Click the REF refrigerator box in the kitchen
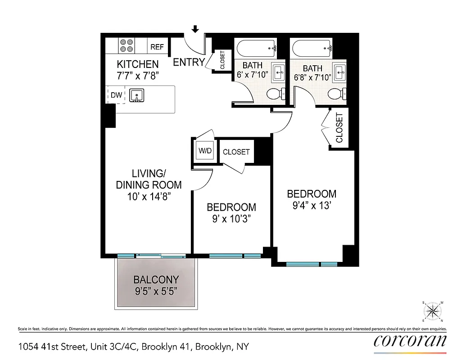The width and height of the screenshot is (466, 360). [x=157, y=47]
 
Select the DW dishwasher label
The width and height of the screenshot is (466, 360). [x=116, y=95]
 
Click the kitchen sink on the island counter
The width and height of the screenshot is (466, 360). [x=136, y=95]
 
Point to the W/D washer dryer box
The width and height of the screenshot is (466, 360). [x=205, y=151]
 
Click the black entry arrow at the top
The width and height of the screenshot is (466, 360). [x=195, y=30]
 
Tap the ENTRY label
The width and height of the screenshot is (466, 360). [x=189, y=62]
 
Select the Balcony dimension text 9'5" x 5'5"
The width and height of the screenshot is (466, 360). [x=156, y=291]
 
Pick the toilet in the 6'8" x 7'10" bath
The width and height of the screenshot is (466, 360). [x=335, y=94]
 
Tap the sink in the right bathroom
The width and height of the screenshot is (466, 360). [x=339, y=71]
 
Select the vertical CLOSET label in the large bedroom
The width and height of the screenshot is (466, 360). [x=339, y=128]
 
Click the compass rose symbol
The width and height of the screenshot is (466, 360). [x=434, y=311]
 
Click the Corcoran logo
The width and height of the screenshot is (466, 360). [x=410, y=341]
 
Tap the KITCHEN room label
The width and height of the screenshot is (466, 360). [x=138, y=64]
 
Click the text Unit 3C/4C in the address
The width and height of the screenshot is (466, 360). [x=114, y=347]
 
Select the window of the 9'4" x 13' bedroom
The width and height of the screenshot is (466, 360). [x=312, y=264]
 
